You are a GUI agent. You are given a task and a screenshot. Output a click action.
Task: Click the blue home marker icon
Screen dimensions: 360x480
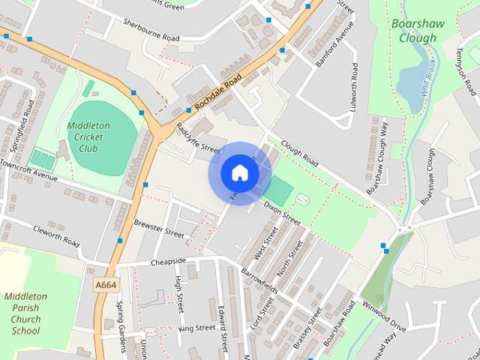click(239, 172)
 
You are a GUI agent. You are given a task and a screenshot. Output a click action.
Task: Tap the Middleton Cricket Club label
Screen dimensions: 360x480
click(88, 136)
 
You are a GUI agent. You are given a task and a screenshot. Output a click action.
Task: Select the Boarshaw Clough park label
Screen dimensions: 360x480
click(413, 30)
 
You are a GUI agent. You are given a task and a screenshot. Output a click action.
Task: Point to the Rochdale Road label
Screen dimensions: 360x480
click(217, 95)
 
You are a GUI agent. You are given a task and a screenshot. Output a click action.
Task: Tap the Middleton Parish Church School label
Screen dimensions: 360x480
click(26, 313)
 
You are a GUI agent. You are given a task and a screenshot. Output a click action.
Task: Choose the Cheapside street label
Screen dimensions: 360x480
click(168, 262)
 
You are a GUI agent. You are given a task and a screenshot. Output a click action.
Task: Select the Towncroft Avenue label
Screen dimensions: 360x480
click(28, 169)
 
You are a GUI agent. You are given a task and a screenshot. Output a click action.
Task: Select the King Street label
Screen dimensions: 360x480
click(196, 328)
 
